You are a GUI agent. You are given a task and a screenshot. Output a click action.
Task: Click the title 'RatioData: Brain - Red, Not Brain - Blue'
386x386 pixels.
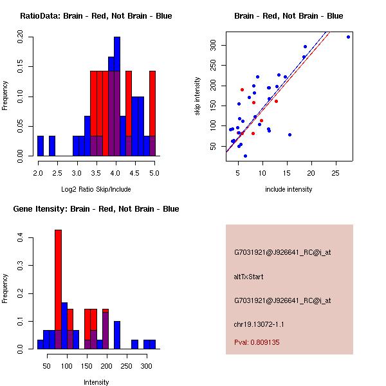[96, 16]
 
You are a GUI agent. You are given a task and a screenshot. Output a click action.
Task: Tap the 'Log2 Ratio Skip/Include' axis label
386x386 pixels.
[96, 188]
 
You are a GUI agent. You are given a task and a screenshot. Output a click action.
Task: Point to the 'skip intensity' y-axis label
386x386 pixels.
[198, 96]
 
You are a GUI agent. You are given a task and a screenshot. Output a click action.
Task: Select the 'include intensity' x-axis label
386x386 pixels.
[288, 189]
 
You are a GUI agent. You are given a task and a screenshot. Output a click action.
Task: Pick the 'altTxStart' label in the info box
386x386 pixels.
[249, 277]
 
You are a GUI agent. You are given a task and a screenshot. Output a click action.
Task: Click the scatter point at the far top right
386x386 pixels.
[348, 37]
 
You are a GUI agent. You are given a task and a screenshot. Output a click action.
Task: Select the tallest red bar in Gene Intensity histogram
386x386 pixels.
[58, 283]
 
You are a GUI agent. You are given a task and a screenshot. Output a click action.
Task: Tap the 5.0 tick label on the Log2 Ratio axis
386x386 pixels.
[154, 172]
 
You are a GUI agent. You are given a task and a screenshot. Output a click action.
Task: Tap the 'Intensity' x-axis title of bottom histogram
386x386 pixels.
[96, 382]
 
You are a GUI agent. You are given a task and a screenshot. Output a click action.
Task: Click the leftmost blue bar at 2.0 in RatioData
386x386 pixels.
[41, 145]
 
